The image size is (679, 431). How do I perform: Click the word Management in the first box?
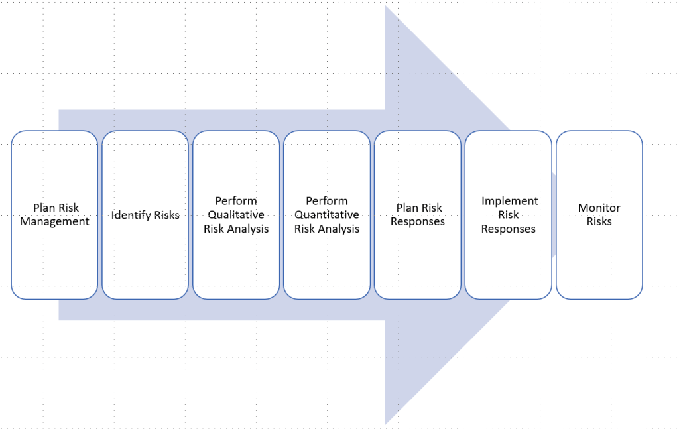(x=54, y=222)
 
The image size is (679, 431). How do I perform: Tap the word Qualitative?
(x=236, y=215)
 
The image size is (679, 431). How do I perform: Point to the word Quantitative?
(x=327, y=215)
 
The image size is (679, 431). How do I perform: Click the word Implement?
(x=510, y=201)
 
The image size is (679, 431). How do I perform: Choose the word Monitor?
(x=599, y=208)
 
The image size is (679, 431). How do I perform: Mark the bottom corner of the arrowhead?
(x=386, y=422)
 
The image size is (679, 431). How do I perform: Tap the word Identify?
(x=130, y=215)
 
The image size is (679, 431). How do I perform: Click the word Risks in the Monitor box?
(x=599, y=222)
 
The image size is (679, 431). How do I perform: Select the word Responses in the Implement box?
(x=509, y=229)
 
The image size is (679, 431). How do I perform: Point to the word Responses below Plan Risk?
(x=418, y=222)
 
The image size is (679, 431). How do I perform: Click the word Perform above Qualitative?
(x=236, y=201)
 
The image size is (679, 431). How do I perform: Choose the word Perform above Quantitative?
(x=327, y=201)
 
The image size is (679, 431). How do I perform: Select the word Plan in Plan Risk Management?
(x=44, y=208)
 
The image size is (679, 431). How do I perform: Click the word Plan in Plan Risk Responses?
(x=407, y=208)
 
